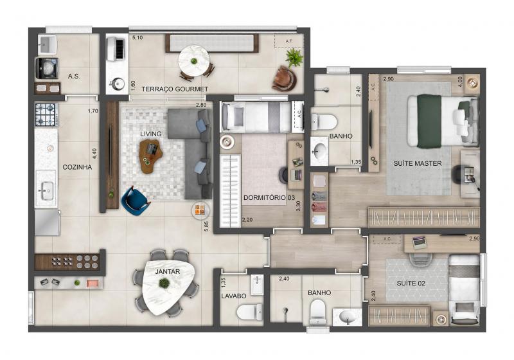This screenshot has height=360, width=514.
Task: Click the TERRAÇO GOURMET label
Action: pyautogui.click(x=175, y=89)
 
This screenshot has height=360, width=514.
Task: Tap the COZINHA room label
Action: pyautogui.click(x=77, y=167)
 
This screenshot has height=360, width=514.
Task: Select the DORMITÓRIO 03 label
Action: pyautogui.click(x=269, y=198)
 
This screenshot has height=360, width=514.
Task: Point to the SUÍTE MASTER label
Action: pyautogui.click(x=417, y=163)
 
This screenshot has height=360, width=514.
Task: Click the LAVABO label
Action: pyautogui.click(x=234, y=296)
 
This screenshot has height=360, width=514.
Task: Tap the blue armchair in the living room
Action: pyautogui.click(x=135, y=201)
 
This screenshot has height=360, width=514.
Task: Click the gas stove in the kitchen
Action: pyautogui.click(x=46, y=115)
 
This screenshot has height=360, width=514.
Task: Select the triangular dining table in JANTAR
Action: pyautogui.click(x=167, y=286)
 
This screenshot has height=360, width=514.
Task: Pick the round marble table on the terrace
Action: pyautogui.click(x=194, y=60)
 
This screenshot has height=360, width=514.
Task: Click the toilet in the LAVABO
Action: pyautogui.click(x=249, y=312)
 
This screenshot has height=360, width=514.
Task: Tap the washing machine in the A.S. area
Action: pyautogui.click(x=47, y=68)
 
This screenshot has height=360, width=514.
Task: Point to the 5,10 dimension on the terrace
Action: pyautogui.click(x=137, y=38)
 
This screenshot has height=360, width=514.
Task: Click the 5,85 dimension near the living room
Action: pyautogui.click(x=206, y=226)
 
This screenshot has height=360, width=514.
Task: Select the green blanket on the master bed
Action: pyautogui.click(x=429, y=122)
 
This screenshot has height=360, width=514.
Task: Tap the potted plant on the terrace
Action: pyautogui.click(x=294, y=58)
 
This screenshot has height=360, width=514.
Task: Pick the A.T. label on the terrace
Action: pyautogui.click(x=288, y=41)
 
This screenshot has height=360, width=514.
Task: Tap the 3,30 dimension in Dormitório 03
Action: pyautogui.click(x=298, y=206)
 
